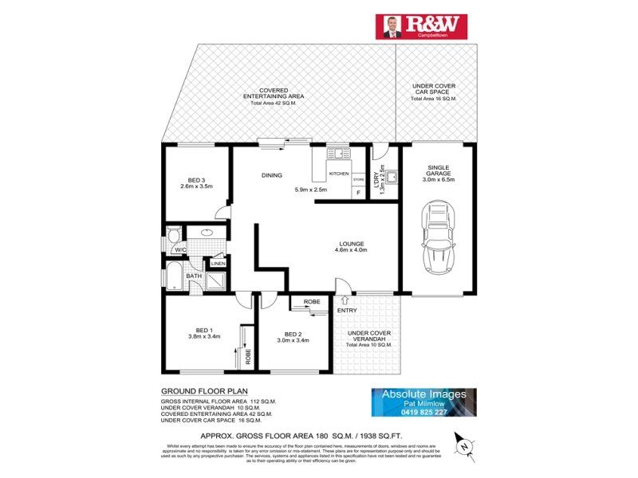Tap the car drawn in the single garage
pyautogui.click(x=437, y=237)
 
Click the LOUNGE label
pyautogui.click(x=351, y=244)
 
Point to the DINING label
pyautogui.click(x=273, y=175)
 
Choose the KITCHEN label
pyautogui.click(x=339, y=173)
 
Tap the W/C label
pyautogui.click(x=181, y=249)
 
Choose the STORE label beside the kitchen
pyautogui.click(x=358, y=180)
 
